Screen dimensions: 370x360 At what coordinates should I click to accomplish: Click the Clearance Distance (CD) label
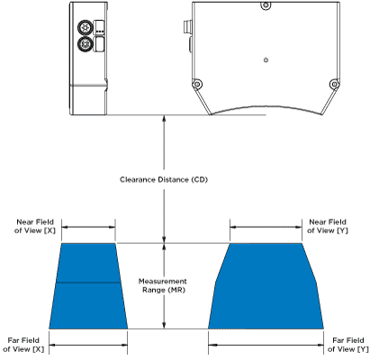164,180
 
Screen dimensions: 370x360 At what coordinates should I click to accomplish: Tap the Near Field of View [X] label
35,226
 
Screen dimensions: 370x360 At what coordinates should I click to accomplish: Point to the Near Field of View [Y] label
328,226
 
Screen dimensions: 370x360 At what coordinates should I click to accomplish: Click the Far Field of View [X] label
23,345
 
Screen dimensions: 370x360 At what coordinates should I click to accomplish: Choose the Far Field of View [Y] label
348,345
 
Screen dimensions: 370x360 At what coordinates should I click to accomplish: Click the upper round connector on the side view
86,28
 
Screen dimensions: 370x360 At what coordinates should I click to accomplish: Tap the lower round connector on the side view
86,44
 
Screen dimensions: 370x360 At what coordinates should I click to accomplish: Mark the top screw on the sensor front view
266,5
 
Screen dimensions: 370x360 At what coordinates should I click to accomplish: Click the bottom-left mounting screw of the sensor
197,85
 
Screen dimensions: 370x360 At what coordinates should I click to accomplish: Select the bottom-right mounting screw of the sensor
334,85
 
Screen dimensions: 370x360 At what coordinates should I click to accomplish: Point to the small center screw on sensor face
266,60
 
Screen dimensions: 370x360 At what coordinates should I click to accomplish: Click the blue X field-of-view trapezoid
88,286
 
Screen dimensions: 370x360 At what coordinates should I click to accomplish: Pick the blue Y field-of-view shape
266,286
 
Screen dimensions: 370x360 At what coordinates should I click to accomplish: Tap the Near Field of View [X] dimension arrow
88,228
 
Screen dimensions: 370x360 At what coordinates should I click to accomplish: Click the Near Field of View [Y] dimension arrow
266,228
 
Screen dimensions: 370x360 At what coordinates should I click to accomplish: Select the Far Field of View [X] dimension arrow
88,346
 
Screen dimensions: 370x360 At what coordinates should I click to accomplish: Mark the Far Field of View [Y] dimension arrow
266,346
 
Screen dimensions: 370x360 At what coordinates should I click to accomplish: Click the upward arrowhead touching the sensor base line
164,118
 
